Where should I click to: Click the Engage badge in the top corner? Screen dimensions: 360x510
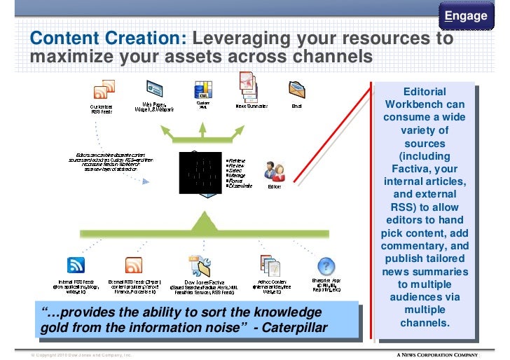[466, 16]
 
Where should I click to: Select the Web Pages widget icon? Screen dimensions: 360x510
[153, 90]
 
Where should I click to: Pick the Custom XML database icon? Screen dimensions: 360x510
[202, 90]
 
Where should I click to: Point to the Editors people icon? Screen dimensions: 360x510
[274, 172]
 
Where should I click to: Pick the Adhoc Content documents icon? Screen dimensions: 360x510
[270, 265]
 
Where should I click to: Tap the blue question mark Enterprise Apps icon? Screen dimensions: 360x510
[326, 265]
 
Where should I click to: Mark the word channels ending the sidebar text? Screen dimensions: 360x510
[424, 323]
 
